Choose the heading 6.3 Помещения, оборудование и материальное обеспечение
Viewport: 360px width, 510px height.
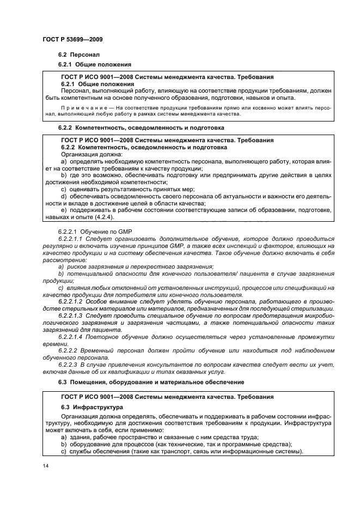[x=151, y=382]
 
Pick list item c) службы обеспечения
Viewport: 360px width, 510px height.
[x=182, y=452]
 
